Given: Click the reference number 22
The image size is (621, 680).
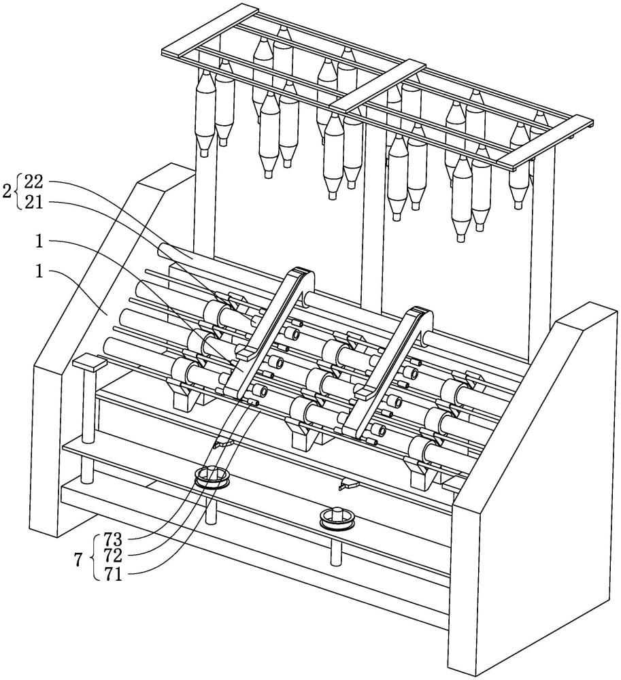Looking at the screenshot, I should click(x=35, y=182).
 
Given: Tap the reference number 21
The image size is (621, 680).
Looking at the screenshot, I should click(x=35, y=202).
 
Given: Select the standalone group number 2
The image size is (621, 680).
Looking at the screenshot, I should click(x=7, y=191).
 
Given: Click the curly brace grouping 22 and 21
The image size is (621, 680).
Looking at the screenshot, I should click(x=18, y=192).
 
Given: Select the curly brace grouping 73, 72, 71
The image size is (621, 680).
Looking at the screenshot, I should click(x=95, y=556).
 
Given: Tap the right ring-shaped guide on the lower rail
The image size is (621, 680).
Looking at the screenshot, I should click(x=333, y=516).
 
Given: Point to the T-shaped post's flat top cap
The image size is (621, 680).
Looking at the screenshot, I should click(x=89, y=362).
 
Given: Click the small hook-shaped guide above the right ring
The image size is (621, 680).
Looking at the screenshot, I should click(x=348, y=484).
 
